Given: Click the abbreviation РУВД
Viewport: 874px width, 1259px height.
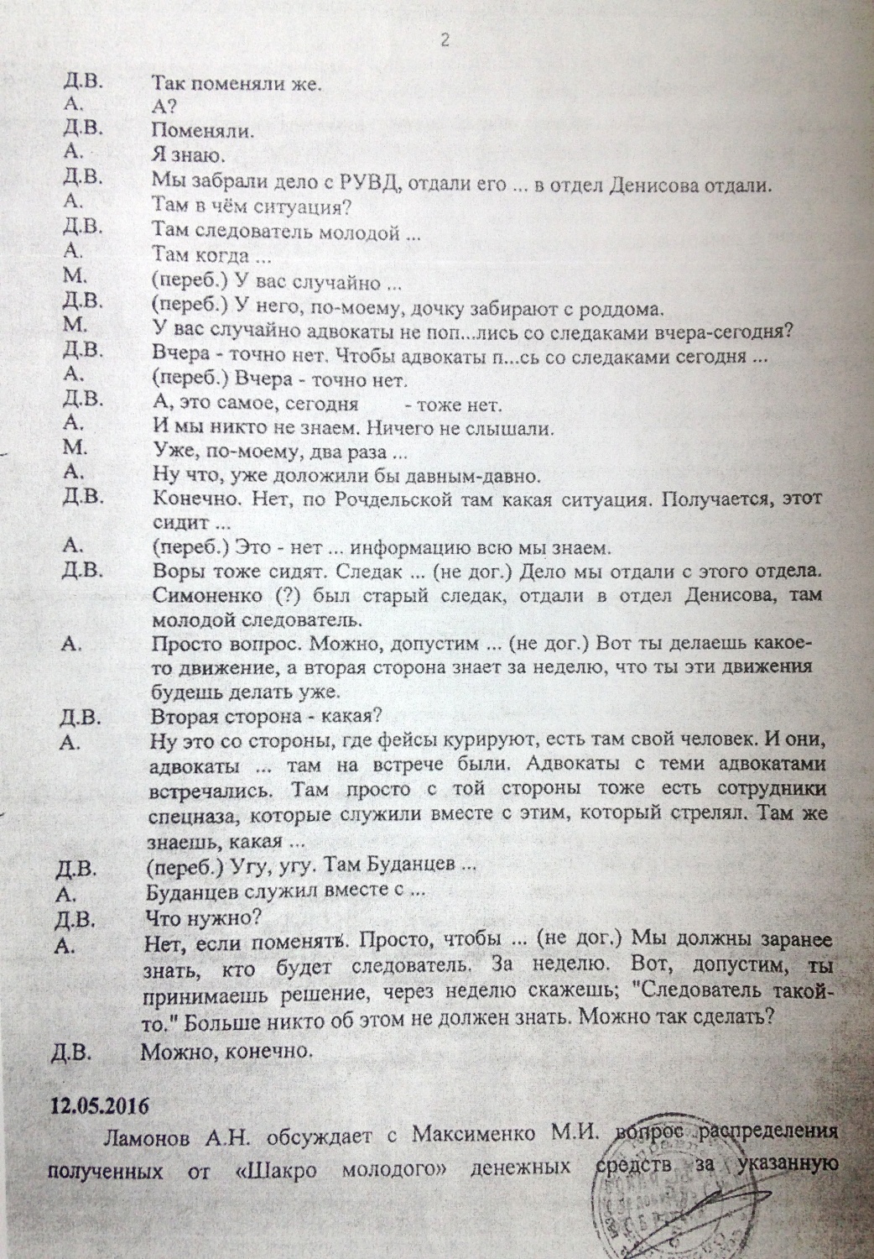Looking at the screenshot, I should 372,181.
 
